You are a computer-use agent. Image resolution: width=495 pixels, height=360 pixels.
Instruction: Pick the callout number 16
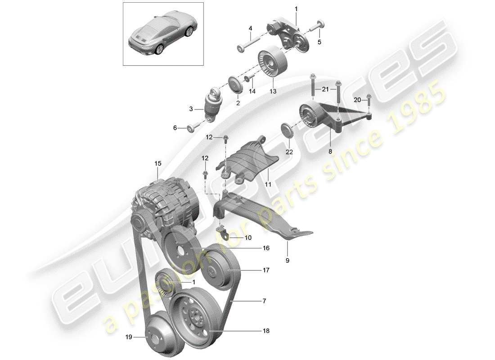[266, 248]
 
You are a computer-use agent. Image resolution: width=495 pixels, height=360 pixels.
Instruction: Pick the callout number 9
[287, 260]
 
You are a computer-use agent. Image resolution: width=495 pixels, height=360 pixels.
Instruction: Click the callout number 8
[330, 153]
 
